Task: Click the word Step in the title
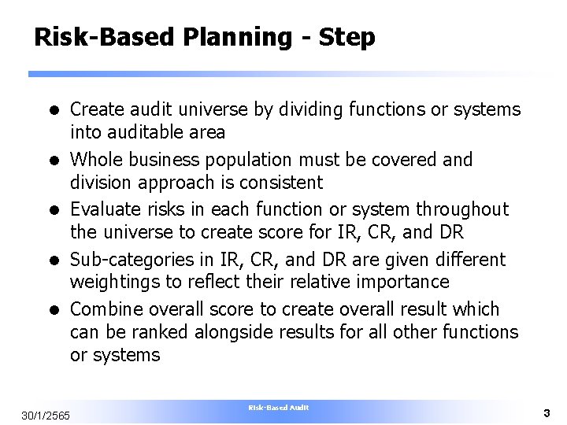[x=347, y=38]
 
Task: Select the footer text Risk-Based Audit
[x=279, y=408]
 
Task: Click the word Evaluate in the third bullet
[x=105, y=209]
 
